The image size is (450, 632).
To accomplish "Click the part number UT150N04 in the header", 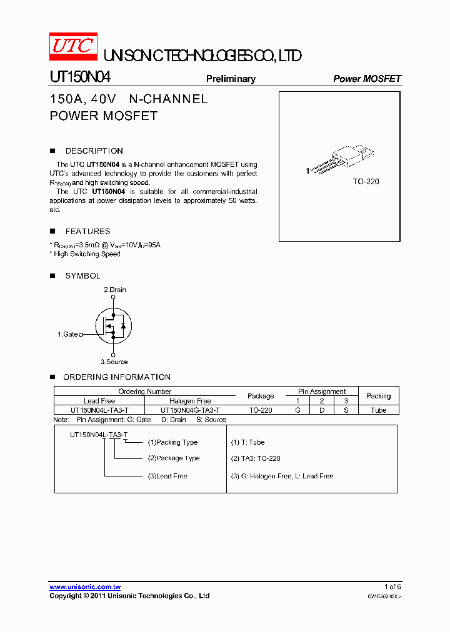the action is [80, 77].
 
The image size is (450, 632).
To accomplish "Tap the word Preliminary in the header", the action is [231, 79].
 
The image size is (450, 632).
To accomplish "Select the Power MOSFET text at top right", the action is [367, 79].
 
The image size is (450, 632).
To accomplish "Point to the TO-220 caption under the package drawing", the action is [366, 181].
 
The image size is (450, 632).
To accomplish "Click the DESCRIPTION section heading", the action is [94, 151].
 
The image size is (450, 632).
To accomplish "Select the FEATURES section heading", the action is [87, 231].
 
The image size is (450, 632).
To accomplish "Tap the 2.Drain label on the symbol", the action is [114, 290].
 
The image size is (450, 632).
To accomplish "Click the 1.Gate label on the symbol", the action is [68, 334].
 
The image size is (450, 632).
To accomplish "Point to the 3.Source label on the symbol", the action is [114, 362].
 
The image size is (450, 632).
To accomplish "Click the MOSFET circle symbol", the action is [113, 325].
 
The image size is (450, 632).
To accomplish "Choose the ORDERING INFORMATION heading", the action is [117, 377].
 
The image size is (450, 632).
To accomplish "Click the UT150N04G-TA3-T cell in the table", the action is [190, 410].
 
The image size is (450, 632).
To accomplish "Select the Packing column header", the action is [378, 396].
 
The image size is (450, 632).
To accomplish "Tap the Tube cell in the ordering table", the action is [378, 410].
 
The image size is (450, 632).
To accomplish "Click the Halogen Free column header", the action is [190, 401].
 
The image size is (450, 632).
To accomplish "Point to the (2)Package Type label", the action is [174, 458].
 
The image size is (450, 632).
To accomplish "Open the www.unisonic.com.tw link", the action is [85, 587].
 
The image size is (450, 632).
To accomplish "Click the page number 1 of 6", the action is [392, 586].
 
